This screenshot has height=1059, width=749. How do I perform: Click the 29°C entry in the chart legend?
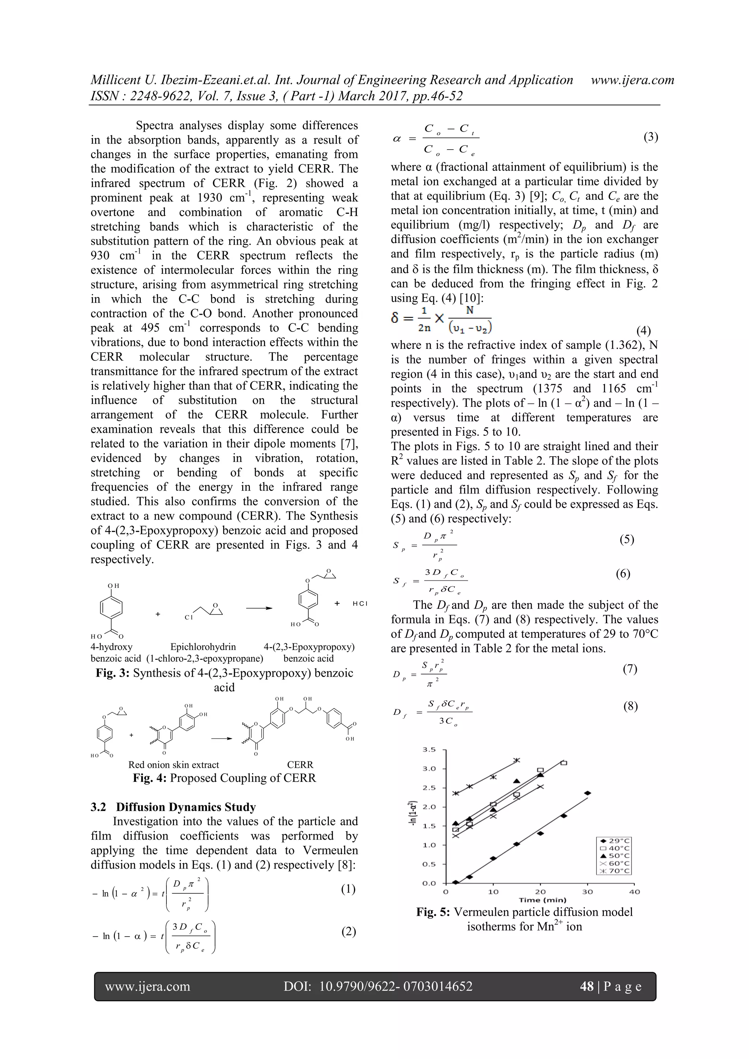point(613,841)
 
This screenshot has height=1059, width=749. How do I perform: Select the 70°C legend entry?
point(613,871)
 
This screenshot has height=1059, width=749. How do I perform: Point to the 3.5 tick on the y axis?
point(429,749)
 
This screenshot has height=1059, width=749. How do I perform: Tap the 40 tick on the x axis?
point(635,892)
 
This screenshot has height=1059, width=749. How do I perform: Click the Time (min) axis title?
point(542,900)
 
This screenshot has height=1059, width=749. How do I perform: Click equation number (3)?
point(650,137)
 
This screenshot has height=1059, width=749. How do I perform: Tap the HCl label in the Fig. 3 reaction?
point(360,604)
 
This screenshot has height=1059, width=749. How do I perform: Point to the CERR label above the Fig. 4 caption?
point(300,765)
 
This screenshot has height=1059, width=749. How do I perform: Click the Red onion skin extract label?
point(173,765)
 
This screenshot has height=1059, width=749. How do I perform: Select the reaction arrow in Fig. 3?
point(259,608)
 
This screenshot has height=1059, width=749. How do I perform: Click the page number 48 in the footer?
point(587,987)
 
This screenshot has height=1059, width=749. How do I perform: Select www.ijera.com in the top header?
point(632,80)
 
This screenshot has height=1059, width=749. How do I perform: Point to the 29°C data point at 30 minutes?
point(587,793)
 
